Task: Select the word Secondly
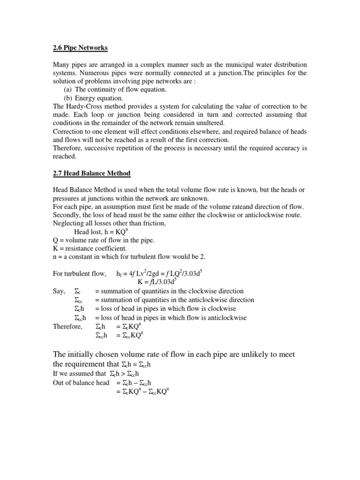tap(67, 215)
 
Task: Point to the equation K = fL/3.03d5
tap(157, 282)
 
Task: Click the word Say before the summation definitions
tap(59, 291)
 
